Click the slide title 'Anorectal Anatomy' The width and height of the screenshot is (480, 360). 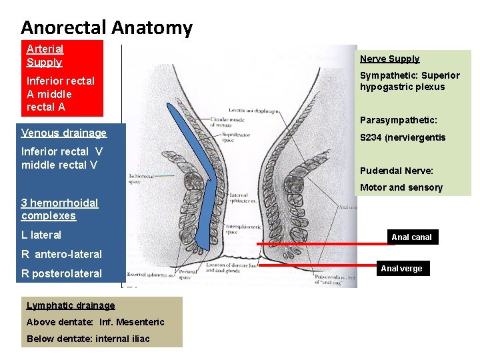click(107, 27)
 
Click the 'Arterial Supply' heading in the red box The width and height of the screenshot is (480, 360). click(45, 55)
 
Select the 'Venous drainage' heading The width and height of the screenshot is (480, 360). click(64, 133)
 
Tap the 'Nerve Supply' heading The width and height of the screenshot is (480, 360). click(389, 59)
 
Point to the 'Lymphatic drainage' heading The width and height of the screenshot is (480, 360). click(71, 305)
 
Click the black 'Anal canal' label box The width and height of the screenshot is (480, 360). click(411, 237)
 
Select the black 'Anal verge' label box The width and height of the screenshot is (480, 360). click(401, 269)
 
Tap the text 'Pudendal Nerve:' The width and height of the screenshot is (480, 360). click(396, 170)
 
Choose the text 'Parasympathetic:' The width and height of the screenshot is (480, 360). click(399, 121)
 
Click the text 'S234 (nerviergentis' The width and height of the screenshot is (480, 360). click(403, 137)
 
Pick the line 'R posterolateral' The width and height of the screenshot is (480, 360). click(61, 273)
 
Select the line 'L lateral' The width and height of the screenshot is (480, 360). click(41, 235)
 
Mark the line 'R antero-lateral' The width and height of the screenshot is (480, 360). click(61, 254)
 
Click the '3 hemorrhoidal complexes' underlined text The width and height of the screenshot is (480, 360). click(59, 209)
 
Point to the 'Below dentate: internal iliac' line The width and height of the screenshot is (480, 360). click(88, 339)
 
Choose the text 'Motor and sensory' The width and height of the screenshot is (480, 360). click(401, 187)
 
